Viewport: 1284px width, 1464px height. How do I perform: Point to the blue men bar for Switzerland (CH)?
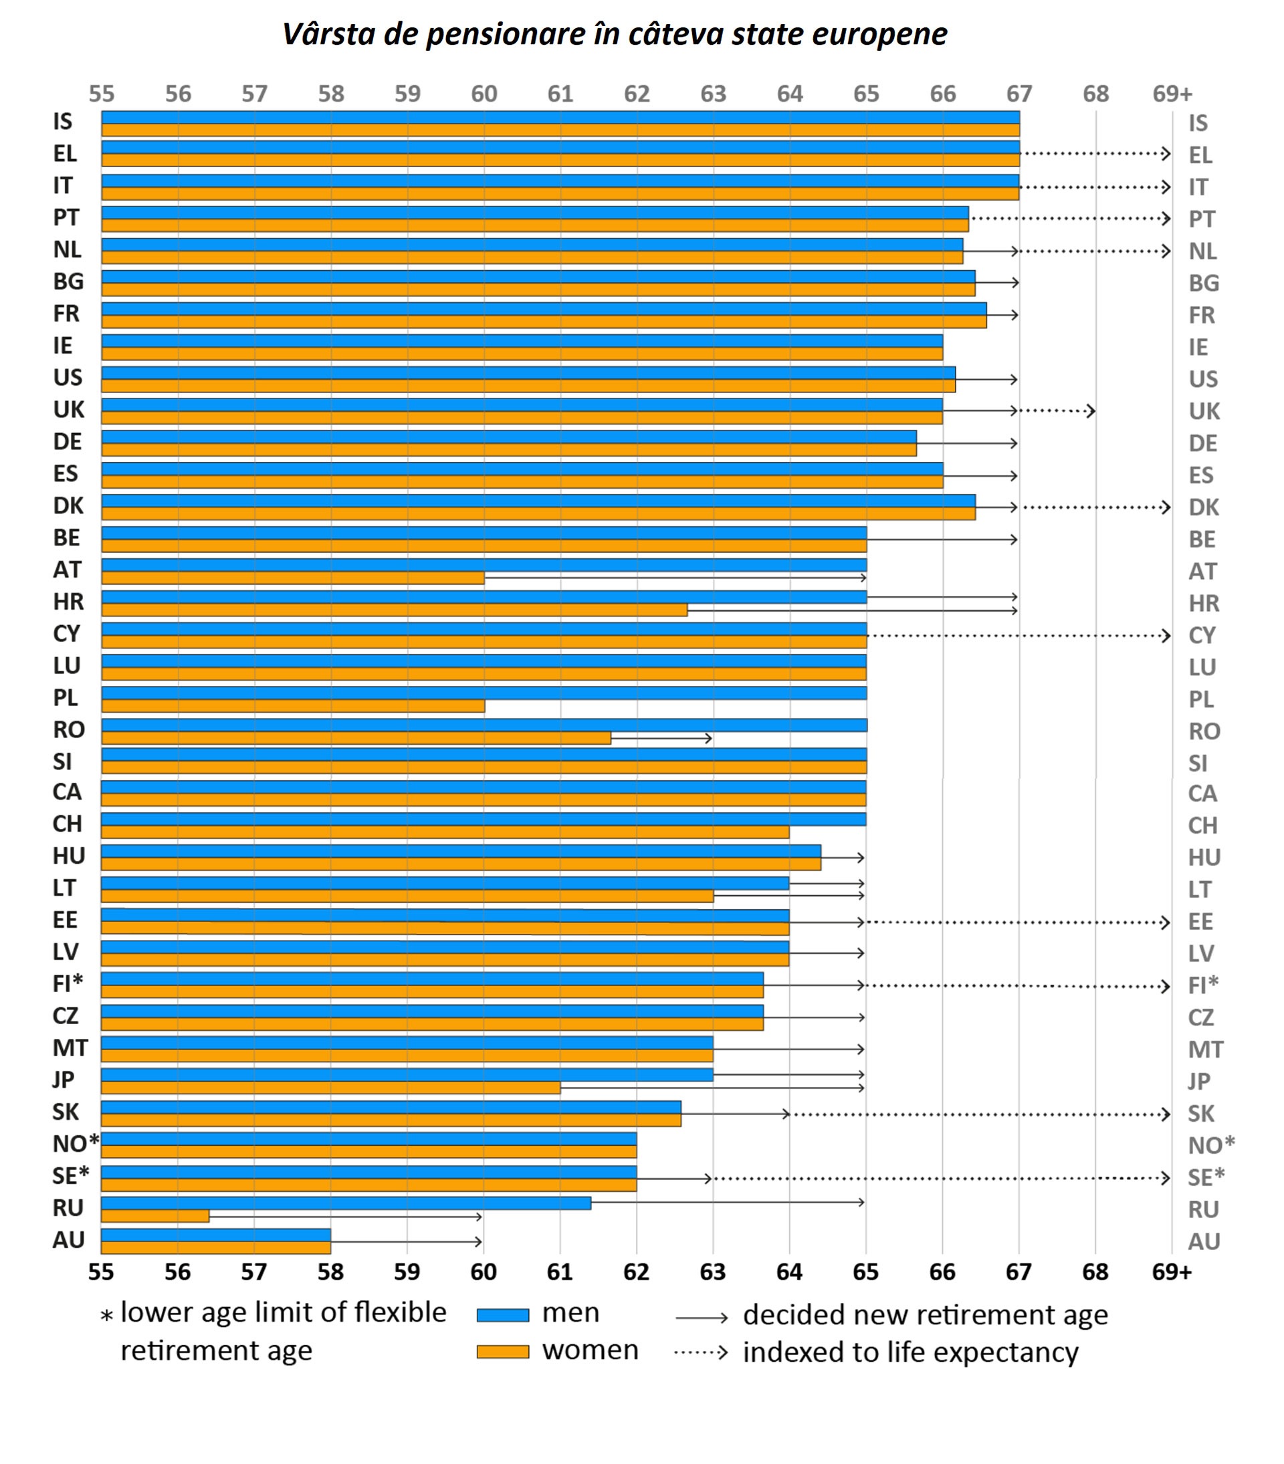pos(483,819)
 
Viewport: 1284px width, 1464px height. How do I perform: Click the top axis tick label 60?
pos(484,94)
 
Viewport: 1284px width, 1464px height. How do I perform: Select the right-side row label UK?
pos(1204,411)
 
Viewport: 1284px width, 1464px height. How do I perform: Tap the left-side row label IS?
pos(63,122)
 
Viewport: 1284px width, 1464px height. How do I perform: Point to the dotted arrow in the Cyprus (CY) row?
pos(1017,635)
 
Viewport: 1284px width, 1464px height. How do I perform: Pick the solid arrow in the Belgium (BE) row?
pos(942,539)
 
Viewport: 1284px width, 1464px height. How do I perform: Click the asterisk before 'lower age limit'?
pos(107,1316)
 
